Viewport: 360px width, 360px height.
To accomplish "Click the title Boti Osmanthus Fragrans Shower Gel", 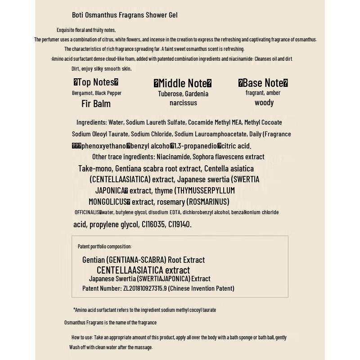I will [x=125, y=15].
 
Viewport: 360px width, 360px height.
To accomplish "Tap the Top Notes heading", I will [x=96, y=82].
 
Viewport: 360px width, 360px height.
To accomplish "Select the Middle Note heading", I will [x=183, y=83].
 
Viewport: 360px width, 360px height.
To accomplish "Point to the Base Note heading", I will [x=263, y=83].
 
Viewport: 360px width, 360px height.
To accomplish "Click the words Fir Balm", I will [x=96, y=103].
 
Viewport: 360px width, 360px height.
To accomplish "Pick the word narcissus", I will [x=183, y=103].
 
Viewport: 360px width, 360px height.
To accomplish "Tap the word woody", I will [x=264, y=103].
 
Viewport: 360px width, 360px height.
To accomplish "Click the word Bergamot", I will [x=82, y=93].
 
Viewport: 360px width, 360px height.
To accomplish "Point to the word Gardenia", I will [x=197, y=94].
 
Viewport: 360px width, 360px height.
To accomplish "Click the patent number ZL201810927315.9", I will [x=144, y=288].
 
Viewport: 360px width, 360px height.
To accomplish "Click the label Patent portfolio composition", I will [x=104, y=247].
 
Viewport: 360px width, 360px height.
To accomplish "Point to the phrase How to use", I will [x=82, y=337].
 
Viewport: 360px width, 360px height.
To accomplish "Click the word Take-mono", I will [x=95, y=169].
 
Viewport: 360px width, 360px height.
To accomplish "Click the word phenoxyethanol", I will [x=104, y=146].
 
